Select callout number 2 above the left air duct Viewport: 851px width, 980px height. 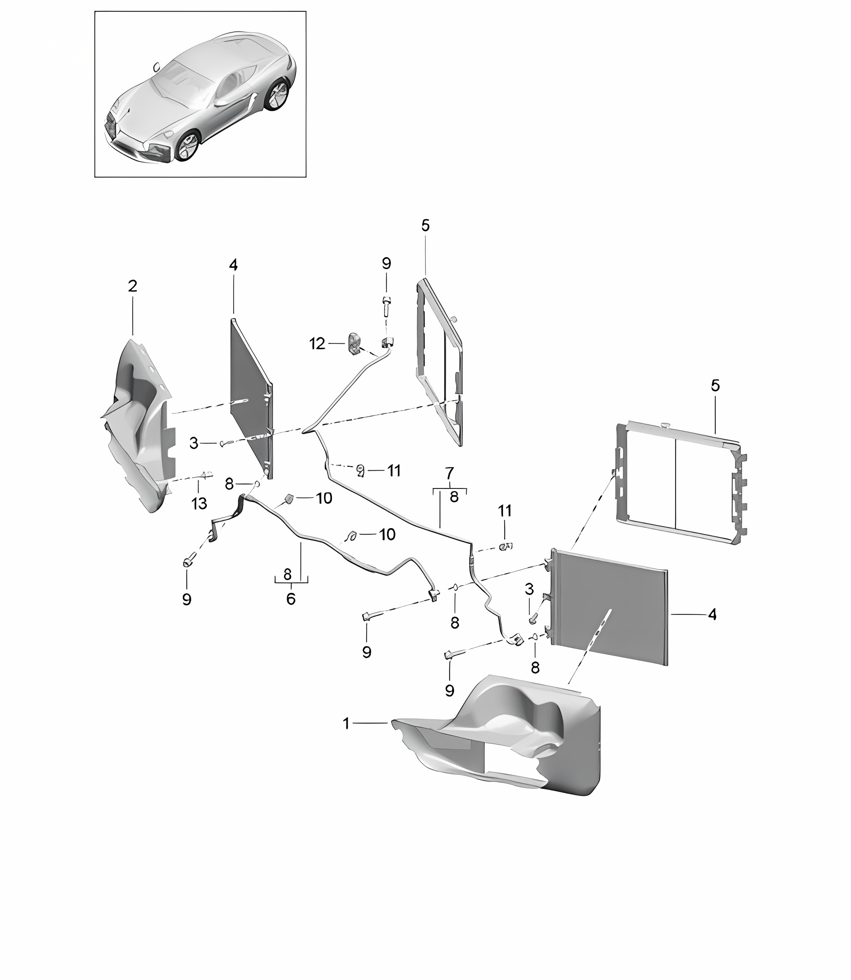tap(133, 286)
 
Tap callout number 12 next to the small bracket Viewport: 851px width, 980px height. tap(317, 343)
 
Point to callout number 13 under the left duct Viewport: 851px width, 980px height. tap(199, 503)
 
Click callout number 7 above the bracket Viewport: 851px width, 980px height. tap(449, 473)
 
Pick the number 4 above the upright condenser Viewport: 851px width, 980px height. tap(233, 265)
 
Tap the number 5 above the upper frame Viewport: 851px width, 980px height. tap(425, 225)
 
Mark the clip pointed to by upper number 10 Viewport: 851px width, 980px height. tap(288, 498)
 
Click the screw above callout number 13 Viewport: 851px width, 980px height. tap(206, 474)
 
